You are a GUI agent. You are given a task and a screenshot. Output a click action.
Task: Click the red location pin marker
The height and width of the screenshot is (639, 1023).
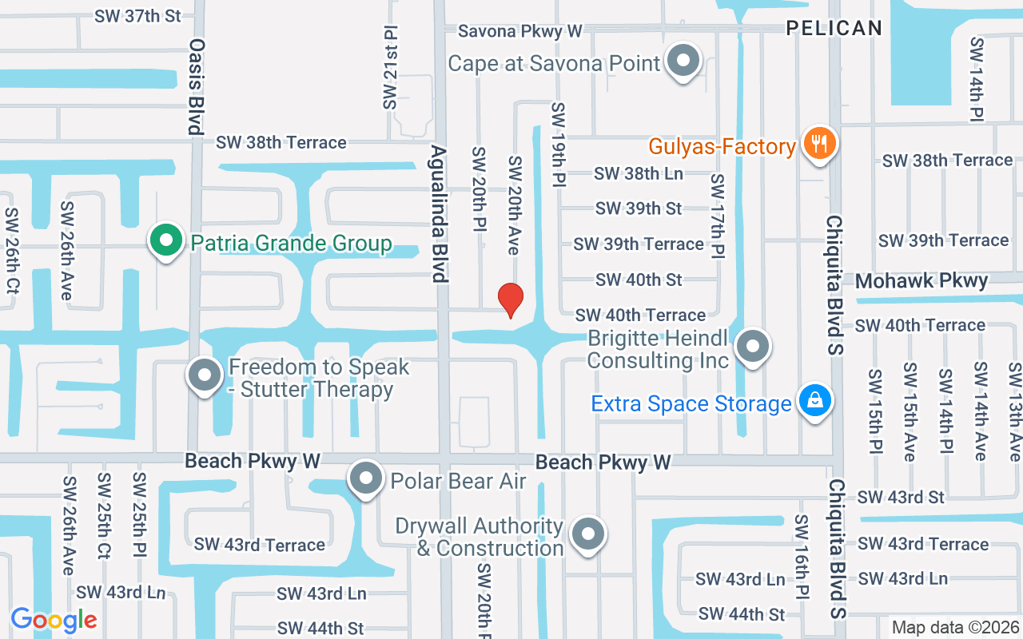pos(511,300)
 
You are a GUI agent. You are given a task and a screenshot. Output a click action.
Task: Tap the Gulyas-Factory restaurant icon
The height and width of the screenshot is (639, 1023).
pos(818,145)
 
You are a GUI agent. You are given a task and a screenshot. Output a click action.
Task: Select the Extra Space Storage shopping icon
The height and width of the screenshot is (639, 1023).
pos(814,401)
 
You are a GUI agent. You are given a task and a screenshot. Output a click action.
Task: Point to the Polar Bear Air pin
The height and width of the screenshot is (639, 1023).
pos(367,479)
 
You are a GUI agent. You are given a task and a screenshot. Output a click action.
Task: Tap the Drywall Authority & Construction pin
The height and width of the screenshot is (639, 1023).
pos(589,535)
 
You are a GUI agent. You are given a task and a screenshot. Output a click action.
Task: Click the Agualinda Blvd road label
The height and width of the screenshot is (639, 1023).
pos(438,213)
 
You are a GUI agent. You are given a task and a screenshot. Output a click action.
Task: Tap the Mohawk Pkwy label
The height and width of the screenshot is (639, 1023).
pos(921,281)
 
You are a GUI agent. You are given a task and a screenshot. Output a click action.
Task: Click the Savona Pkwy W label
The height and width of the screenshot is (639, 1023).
pos(519,31)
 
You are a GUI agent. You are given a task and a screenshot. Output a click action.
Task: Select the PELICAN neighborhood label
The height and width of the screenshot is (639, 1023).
pos(834,28)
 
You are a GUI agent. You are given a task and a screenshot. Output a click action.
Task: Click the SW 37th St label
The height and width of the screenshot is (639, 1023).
pos(137,16)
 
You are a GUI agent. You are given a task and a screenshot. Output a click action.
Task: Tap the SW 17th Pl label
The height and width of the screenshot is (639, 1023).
pos(718,216)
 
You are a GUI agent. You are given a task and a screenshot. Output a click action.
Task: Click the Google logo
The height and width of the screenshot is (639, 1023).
pos(54,620)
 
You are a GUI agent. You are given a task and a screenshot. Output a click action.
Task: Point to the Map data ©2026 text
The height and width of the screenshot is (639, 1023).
pos(955,628)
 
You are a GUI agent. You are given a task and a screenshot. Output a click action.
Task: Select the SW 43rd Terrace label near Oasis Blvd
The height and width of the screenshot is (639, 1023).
pos(260,545)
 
